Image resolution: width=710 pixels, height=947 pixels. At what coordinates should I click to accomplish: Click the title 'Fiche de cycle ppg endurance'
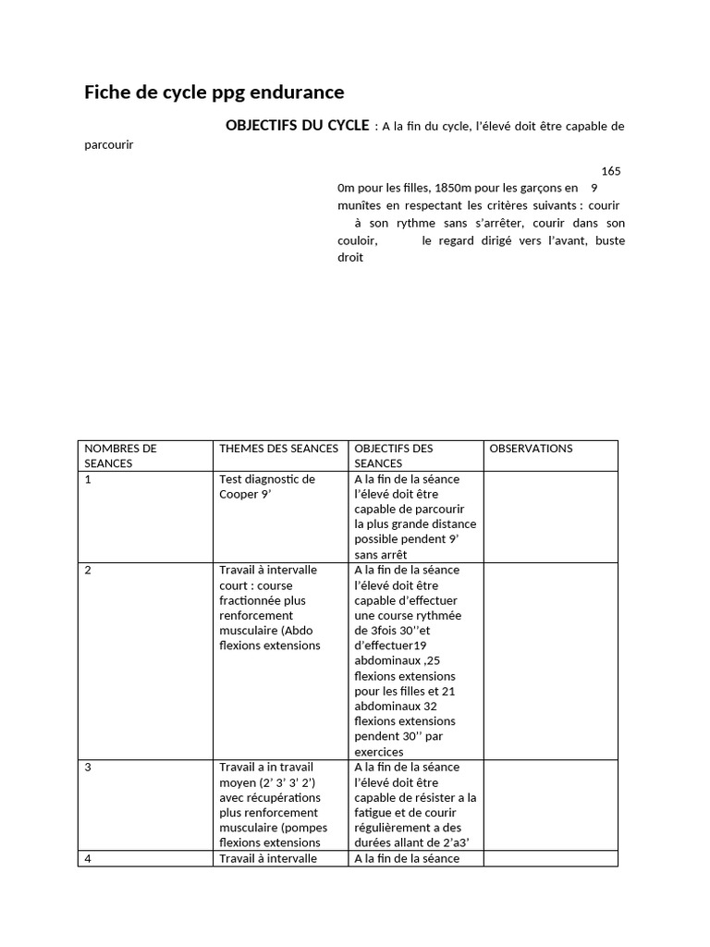click(x=214, y=92)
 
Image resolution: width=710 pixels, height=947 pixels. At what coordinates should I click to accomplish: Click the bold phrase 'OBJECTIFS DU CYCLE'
click(x=297, y=125)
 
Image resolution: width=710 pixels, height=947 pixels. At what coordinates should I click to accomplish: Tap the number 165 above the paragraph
click(x=611, y=171)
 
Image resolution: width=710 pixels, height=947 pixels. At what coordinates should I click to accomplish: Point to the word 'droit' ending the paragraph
click(x=350, y=258)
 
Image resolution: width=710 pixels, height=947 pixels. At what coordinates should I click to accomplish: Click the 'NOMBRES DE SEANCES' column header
click(x=121, y=455)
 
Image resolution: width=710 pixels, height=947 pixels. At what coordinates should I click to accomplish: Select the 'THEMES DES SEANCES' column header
click(x=278, y=449)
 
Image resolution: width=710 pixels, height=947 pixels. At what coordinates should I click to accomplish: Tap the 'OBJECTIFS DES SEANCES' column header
click(x=394, y=455)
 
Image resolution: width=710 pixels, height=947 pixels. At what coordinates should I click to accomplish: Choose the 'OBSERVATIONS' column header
click(x=531, y=449)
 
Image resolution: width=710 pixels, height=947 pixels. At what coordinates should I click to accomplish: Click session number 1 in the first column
click(x=88, y=479)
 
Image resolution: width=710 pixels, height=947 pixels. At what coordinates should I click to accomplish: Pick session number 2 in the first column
click(x=88, y=570)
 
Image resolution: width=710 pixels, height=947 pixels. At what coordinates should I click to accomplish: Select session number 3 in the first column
click(x=88, y=767)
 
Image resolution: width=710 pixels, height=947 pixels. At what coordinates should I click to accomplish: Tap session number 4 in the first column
click(x=88, y=858)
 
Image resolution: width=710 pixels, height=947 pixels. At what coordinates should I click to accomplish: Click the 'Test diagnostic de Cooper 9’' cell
click(x=267, y=486)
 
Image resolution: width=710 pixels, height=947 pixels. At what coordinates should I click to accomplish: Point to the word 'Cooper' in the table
click(x=239, y=494)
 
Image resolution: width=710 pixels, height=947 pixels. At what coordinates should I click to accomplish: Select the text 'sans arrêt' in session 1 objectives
click(x=381, y=555)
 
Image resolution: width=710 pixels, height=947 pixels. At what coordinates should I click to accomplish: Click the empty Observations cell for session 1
click(x=550, y=516)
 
